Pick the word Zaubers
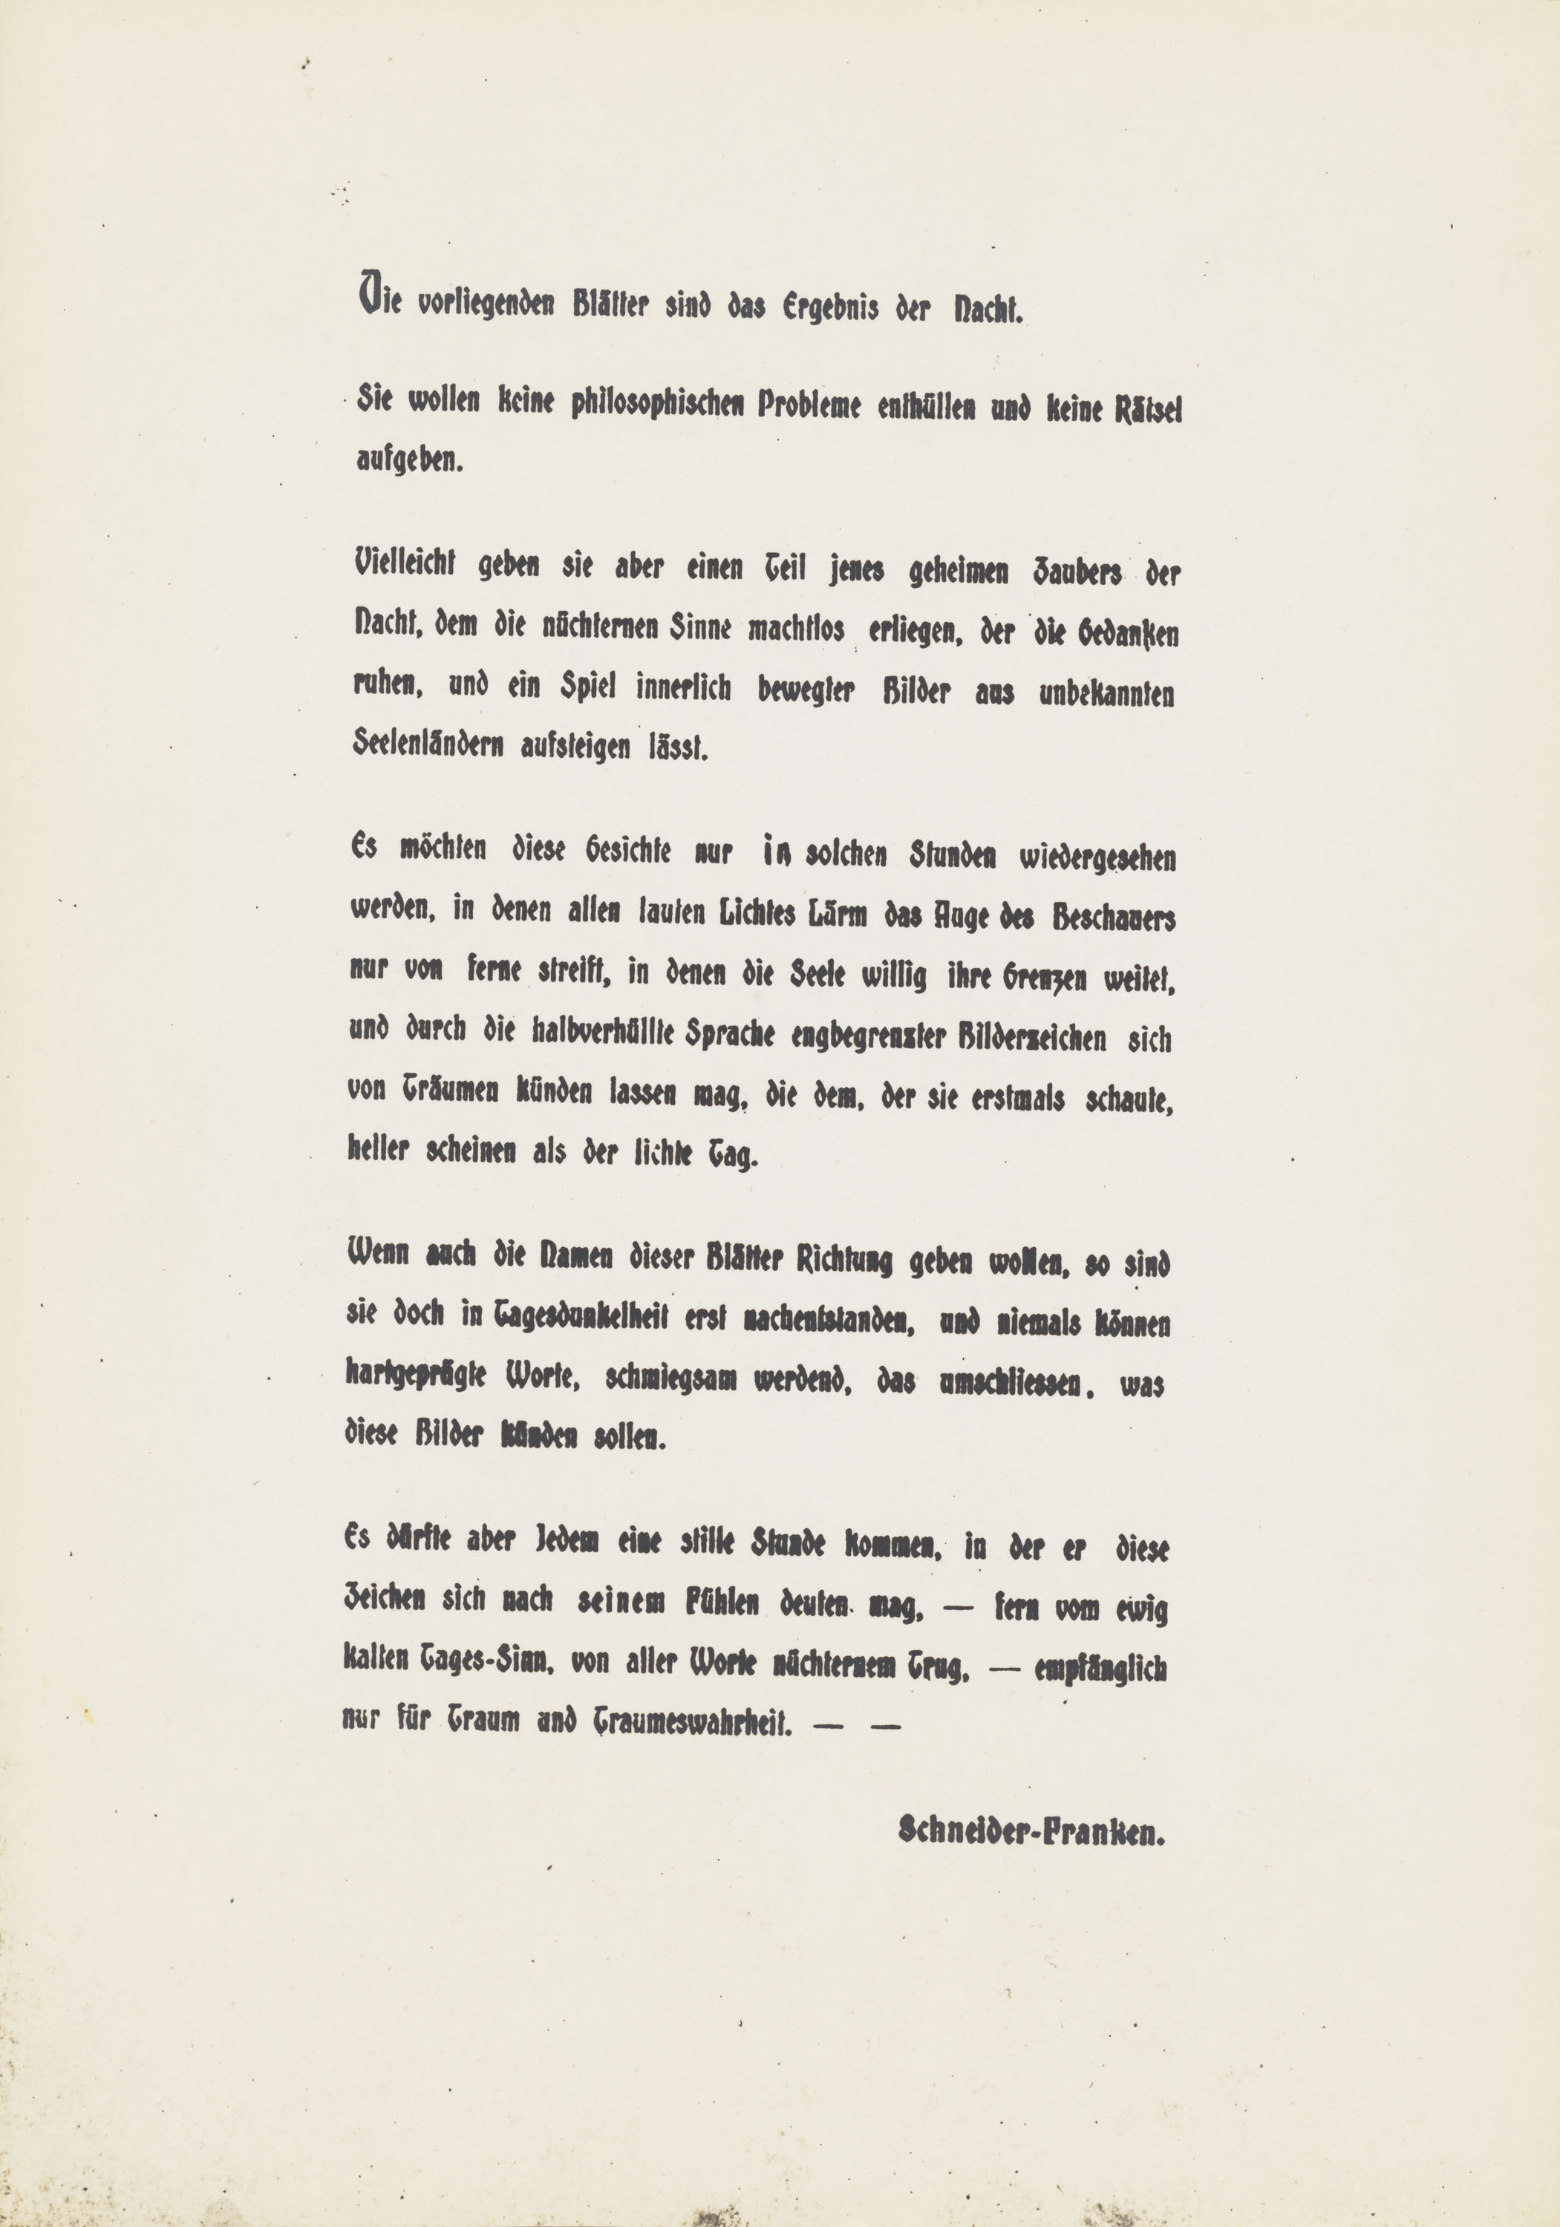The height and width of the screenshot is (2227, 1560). [1064, 573]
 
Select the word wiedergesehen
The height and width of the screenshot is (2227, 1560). [1097, 858]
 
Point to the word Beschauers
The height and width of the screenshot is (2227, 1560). [1114, 918]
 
